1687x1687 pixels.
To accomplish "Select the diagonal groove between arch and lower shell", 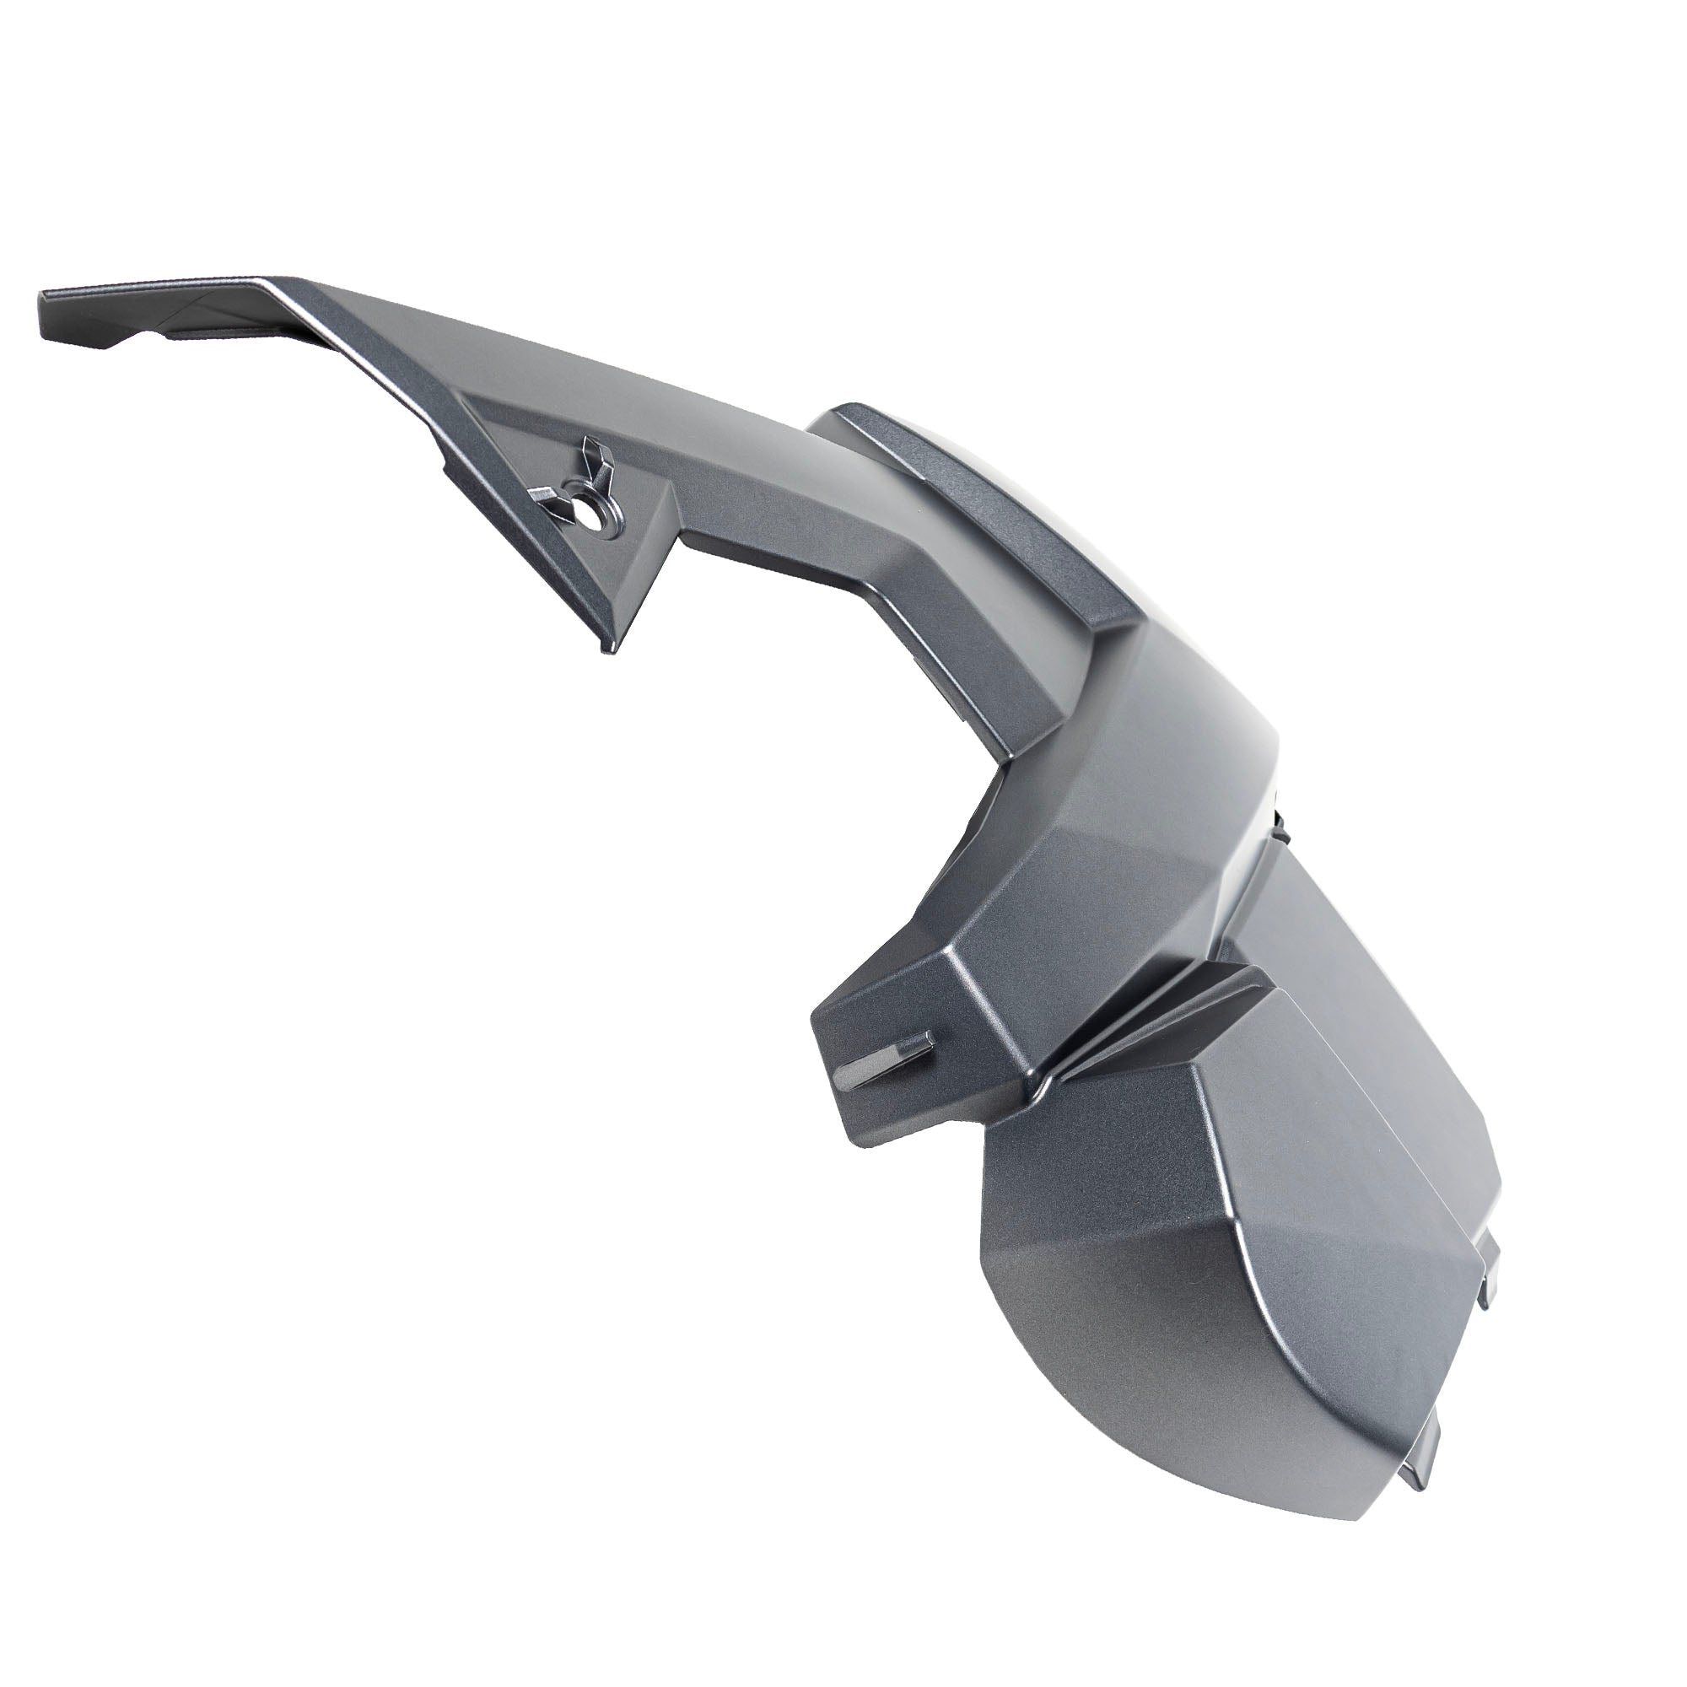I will click(x=1152, y=1021).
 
